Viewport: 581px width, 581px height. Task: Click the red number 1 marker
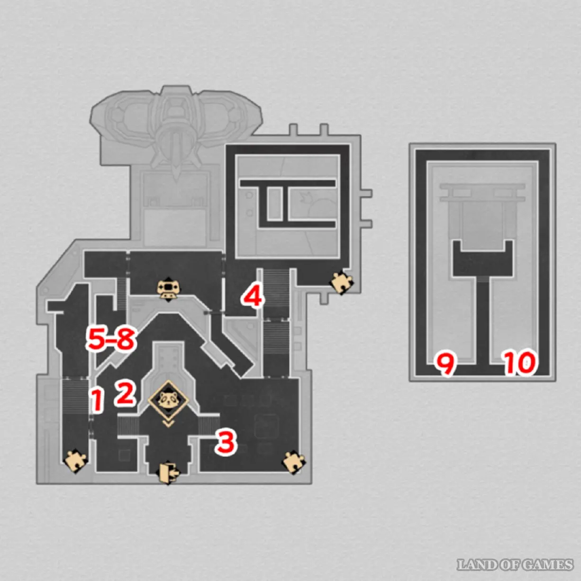[x=98, y=400]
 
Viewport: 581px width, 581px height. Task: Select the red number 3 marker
[x=226, y=442]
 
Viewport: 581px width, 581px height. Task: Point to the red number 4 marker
[x=253, y=297]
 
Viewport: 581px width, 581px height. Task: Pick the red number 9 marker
[x=446, y=365]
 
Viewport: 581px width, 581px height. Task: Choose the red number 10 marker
[x=520, y=363]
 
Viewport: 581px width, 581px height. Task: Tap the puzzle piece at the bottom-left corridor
[x=75, y=461]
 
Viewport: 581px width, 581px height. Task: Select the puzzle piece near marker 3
[x=293, y=462]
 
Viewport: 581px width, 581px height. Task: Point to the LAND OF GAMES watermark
[x=515, y=564]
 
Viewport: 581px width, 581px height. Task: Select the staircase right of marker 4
[x=276, y=287]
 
